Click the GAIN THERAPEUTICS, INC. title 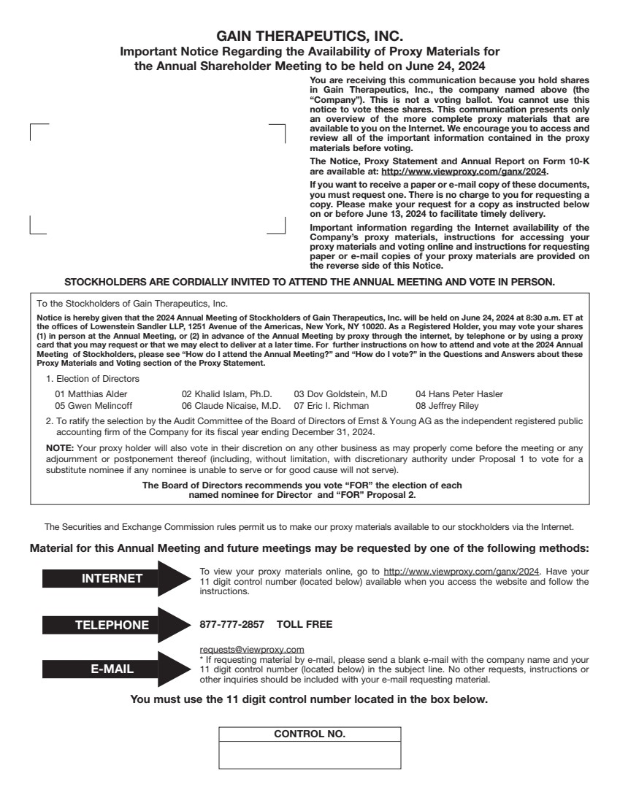310,36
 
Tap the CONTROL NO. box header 310,734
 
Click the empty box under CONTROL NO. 310,755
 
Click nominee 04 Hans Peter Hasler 459,394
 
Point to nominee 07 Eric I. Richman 332,405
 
